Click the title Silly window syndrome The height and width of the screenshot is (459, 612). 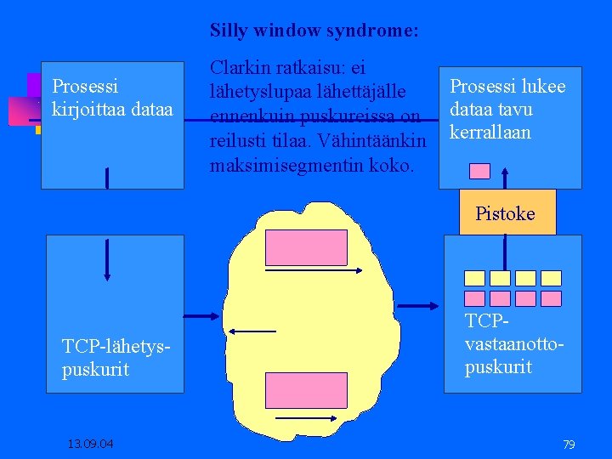[314, 31]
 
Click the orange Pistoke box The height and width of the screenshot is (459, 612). [506, 213]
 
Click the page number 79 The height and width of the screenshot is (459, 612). [569, 444]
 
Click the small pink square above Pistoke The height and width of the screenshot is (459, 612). [480, 171]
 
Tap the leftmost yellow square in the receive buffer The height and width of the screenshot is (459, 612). [474, 278]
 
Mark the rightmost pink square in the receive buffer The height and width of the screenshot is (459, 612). [552, 298]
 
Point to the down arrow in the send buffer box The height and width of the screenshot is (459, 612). [106, 258]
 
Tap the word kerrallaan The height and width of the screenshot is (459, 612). [490, 133]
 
